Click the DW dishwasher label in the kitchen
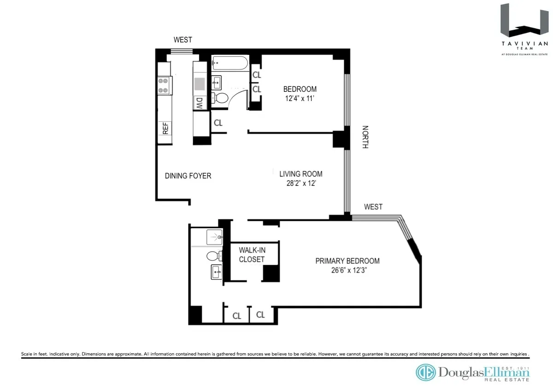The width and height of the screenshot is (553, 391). (x=200, y=103)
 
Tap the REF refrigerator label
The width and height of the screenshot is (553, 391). (x=165, y=128)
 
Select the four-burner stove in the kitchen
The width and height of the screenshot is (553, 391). (x=163, y=85)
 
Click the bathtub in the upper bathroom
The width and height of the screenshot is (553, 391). (x=229, y=63)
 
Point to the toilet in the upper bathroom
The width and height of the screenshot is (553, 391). (x=220, y=98)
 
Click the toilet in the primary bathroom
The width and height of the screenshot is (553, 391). (x=212, y=256)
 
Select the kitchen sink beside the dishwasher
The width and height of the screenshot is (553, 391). (x=200, y=84)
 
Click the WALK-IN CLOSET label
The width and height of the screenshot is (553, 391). (x=252, y=255)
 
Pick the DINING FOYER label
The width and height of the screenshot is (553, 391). (x=188, y=176)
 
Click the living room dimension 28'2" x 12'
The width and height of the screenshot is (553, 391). (x=300, y=183)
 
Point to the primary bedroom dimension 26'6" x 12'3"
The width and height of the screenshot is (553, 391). (x=347, y=270)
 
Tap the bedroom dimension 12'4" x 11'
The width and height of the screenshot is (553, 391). (x=300, y=98)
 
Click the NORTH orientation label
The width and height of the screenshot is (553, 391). (x=365, y=137)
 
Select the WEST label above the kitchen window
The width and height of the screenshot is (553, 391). (x=182, y=40)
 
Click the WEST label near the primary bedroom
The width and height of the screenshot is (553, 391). (x=373, y=207)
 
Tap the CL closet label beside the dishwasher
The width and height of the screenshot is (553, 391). (x=218, y=123)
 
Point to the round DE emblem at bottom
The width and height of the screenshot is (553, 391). (x=426, y=373)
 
